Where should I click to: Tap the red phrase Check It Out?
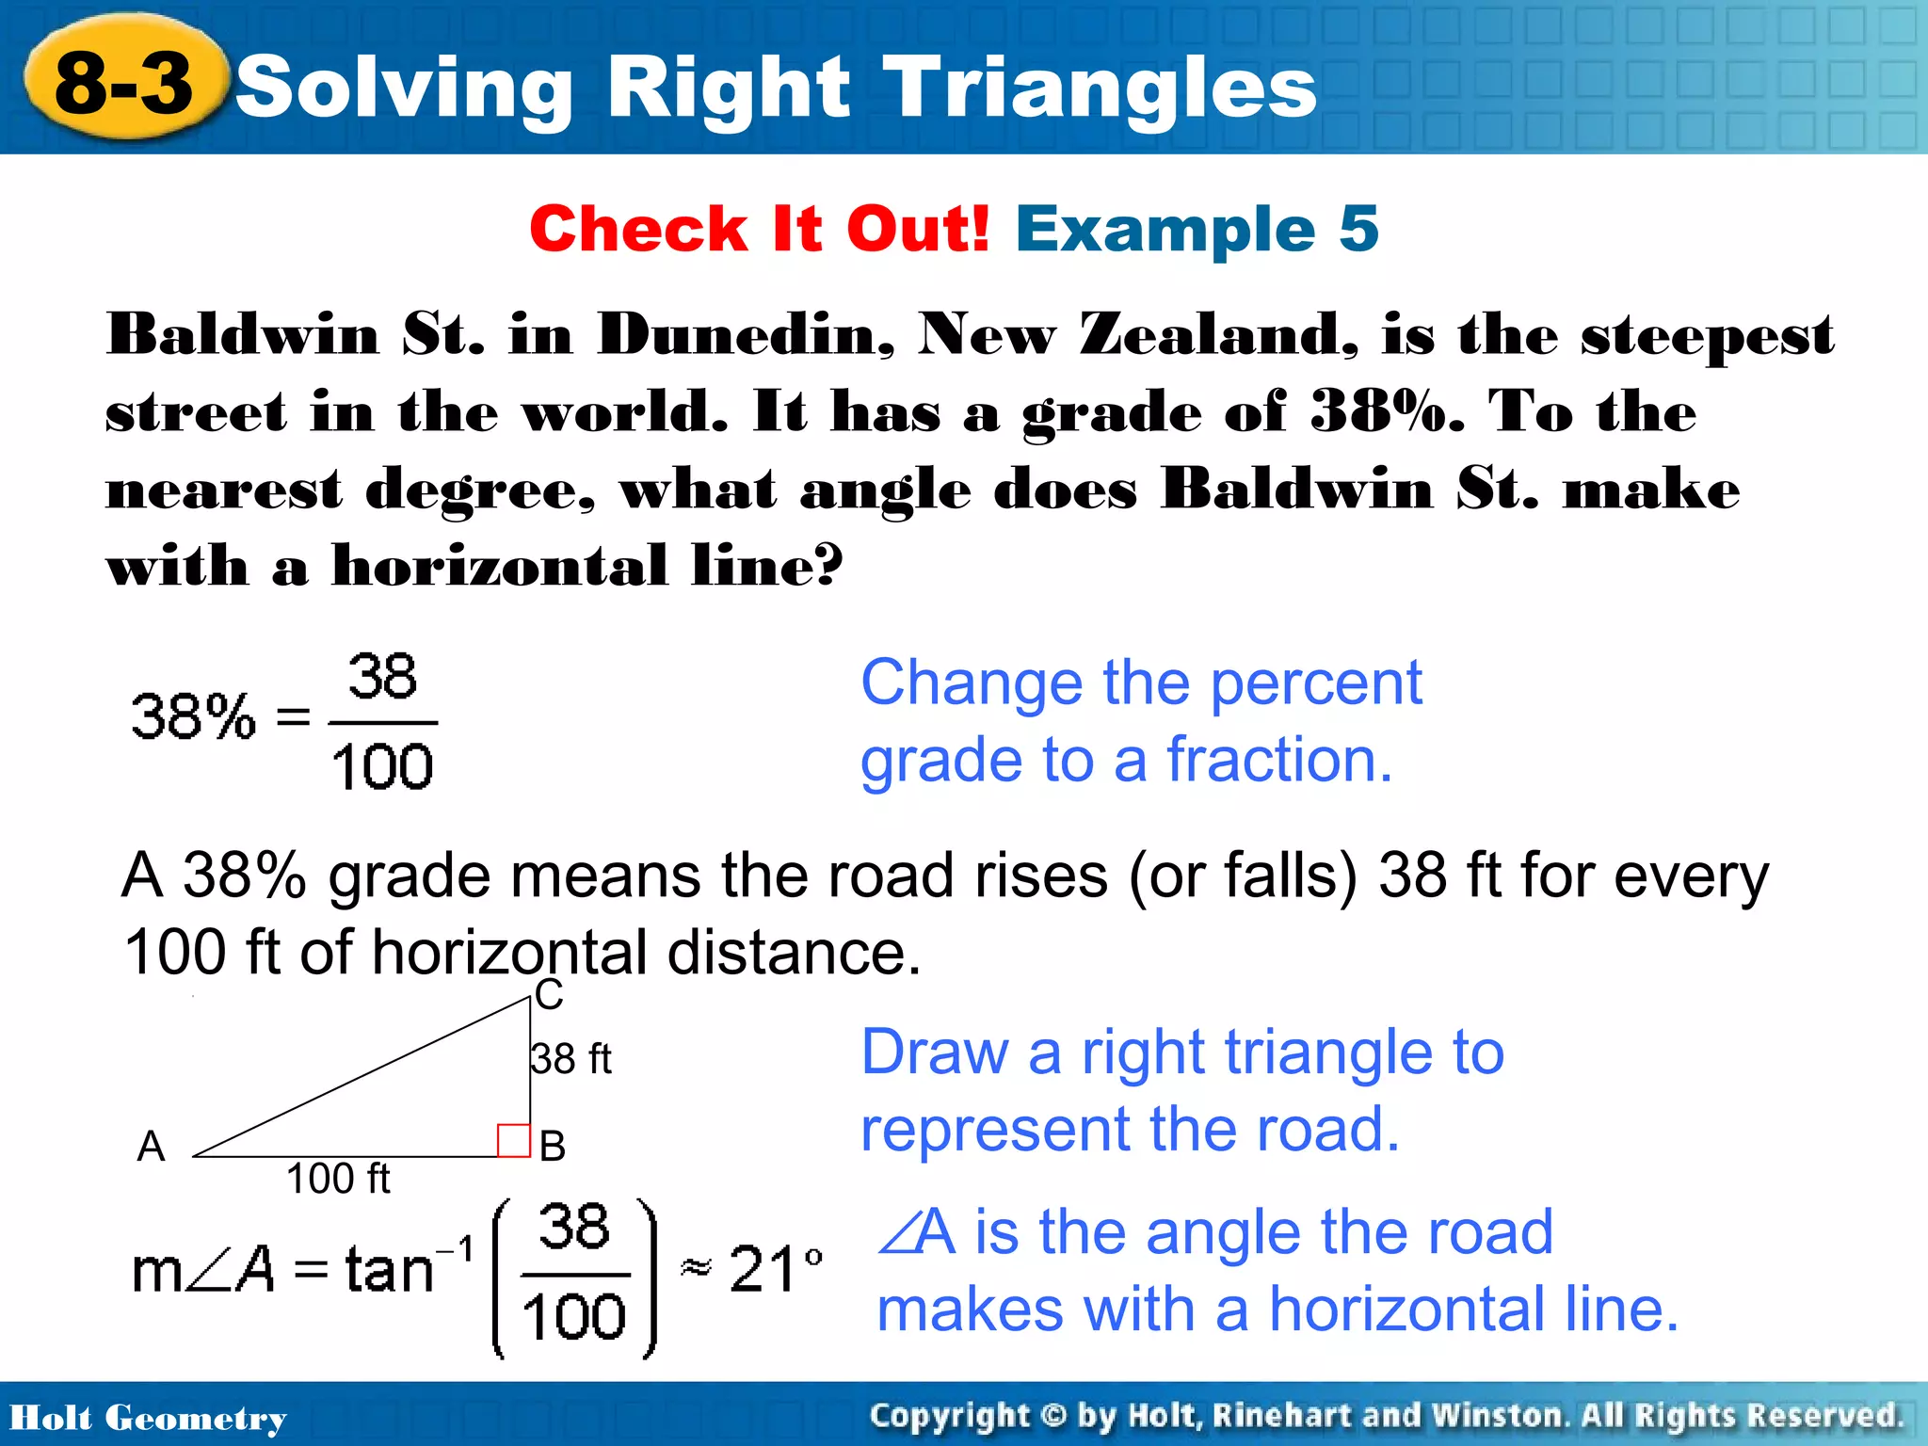759,229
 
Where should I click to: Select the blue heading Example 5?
1197,229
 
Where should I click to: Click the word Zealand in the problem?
1219,335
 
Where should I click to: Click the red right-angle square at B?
513,1140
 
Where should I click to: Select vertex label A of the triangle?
151,1147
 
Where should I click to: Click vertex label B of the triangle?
553,1147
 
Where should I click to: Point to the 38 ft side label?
570,1059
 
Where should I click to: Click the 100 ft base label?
338,1179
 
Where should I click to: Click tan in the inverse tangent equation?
389,1269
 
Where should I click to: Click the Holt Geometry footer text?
148,1418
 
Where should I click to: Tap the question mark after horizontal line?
826,566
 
